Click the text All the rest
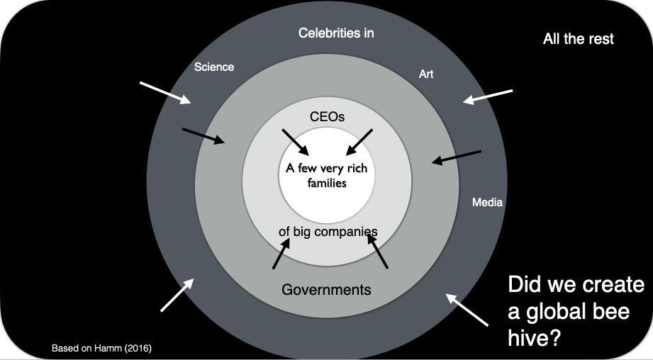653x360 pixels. click(578, 39)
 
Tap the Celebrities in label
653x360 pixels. click(336, 33)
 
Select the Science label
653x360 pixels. click(214, 67)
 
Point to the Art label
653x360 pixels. click(426, 74)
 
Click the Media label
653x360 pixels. click(487, 203)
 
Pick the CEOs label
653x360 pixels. click(328, 116)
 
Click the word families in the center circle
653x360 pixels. click(327, 182)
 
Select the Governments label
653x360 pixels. click(326, 289)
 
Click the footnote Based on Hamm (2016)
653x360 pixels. click(102, 349)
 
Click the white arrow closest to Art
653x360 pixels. click(487, 96)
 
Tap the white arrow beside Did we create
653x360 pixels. click(467, 310)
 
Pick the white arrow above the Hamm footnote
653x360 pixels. click(177, 294)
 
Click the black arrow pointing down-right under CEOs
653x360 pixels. click(296, 142)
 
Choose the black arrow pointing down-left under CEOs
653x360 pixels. click(359, 142)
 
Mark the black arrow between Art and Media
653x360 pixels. click(457, 157)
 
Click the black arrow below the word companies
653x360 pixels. click(378, 252)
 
